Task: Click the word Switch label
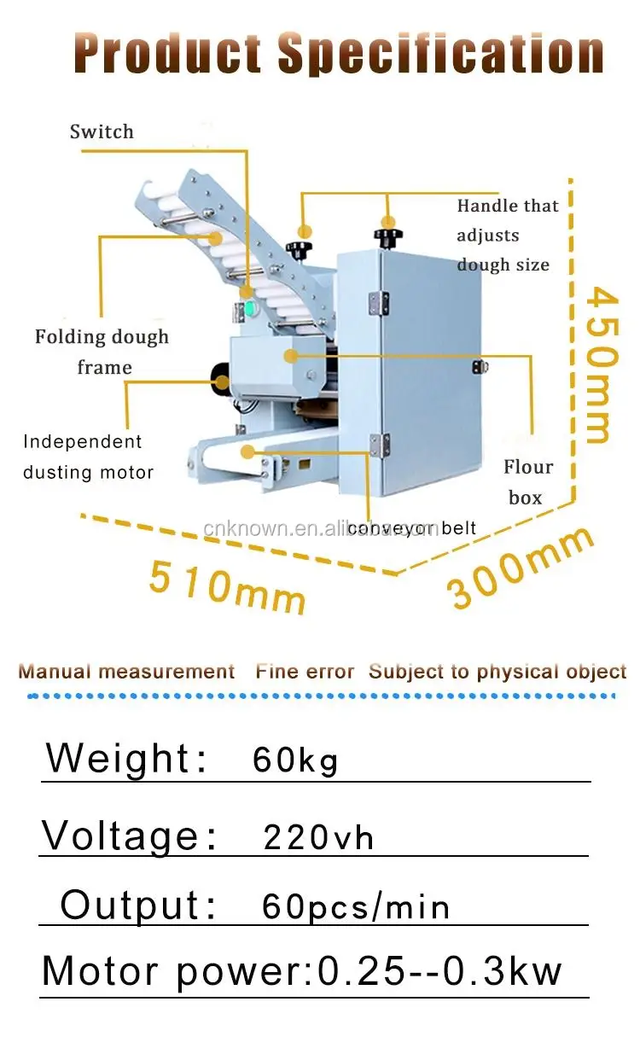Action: point(102,131)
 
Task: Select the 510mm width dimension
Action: point(227,585)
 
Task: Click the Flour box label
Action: point(527,482)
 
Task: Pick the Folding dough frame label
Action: point(102,352)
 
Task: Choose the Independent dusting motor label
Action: point(88,457)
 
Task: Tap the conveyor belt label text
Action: point(411,528)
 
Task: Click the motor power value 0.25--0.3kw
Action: point(440,971)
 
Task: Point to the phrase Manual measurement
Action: point(126,672)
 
